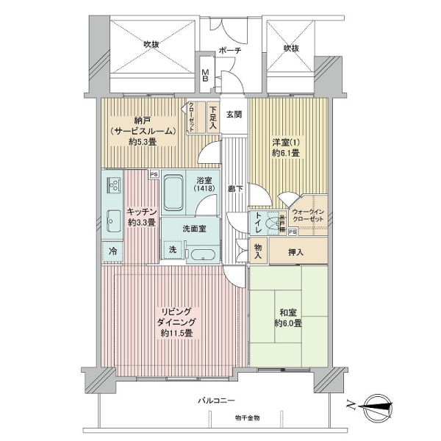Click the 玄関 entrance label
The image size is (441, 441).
(x=234, y=115)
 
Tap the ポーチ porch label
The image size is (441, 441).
(x=228, y=51)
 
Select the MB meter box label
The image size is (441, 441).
(x=207, y=75)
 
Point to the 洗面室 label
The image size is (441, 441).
(x=194, y=229)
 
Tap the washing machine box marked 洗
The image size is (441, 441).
(x=173, y=249)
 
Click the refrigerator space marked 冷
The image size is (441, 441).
(x=113, y=251)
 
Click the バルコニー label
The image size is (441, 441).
(x=215, y=401)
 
